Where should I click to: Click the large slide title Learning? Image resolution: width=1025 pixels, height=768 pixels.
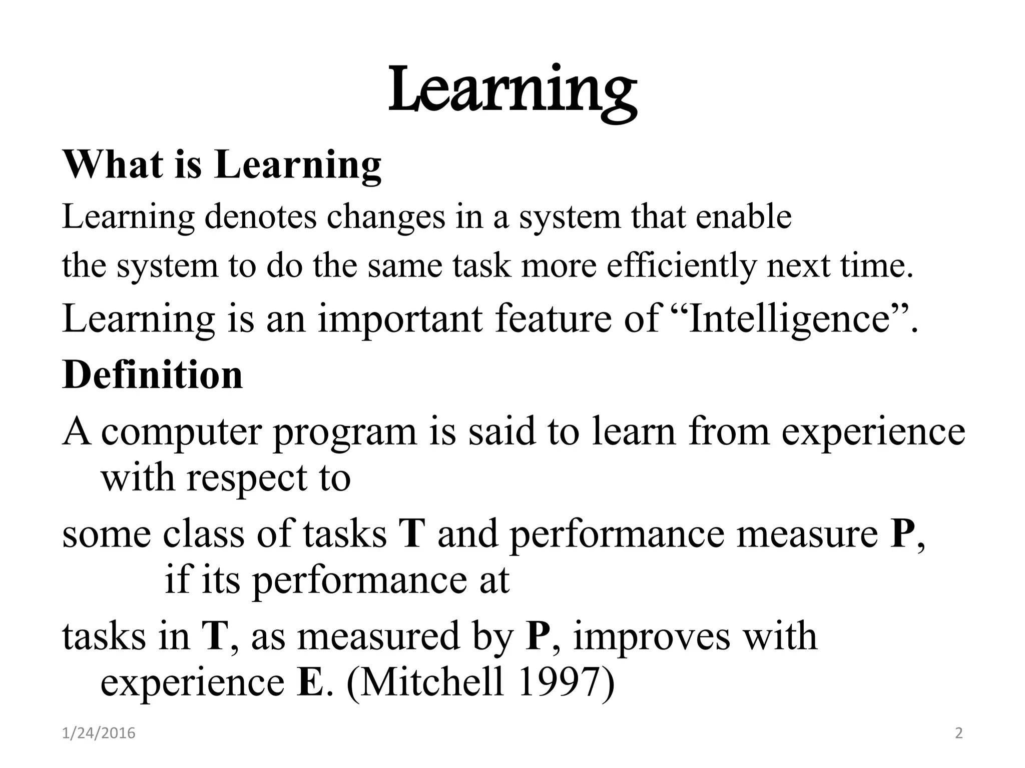click(x=512, y=92)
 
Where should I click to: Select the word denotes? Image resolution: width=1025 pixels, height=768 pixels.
click(x=260, y=217)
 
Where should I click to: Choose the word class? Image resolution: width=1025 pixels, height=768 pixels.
click(x=204, y=534)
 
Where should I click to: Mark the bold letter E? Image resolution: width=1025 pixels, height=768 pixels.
click(x=310, y=683)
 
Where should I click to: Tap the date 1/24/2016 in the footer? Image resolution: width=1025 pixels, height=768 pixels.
click(x=99, y=733)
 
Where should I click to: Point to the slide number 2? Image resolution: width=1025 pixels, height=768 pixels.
click(x=958, y=733)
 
